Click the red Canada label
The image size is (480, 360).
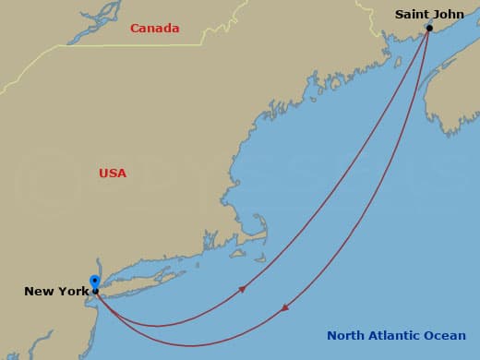(x=154, y=29)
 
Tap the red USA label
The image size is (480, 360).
(x=113, y=174)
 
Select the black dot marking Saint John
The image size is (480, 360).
(x=429, y=28)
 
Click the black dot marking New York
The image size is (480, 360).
(x=95, y=292)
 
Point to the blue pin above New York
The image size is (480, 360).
(x=94, y=281)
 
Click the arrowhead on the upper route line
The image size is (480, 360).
(x=242, y=289)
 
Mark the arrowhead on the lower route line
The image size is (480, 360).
(x=285, y=307)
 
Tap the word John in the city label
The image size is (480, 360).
(x=450, y=14)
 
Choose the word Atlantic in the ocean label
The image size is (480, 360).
(x=399, y=336)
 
